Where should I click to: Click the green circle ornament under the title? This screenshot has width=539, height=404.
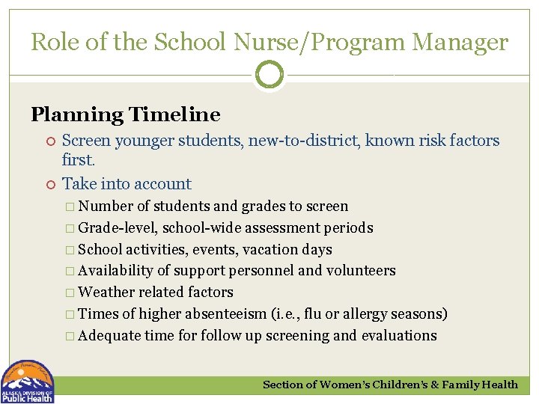269,74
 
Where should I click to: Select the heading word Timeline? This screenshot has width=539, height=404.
174,114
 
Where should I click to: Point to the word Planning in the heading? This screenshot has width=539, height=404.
78,114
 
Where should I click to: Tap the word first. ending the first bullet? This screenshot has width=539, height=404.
78,160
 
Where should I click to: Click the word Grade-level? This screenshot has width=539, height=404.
118,227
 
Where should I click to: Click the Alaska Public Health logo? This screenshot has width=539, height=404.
27,382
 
